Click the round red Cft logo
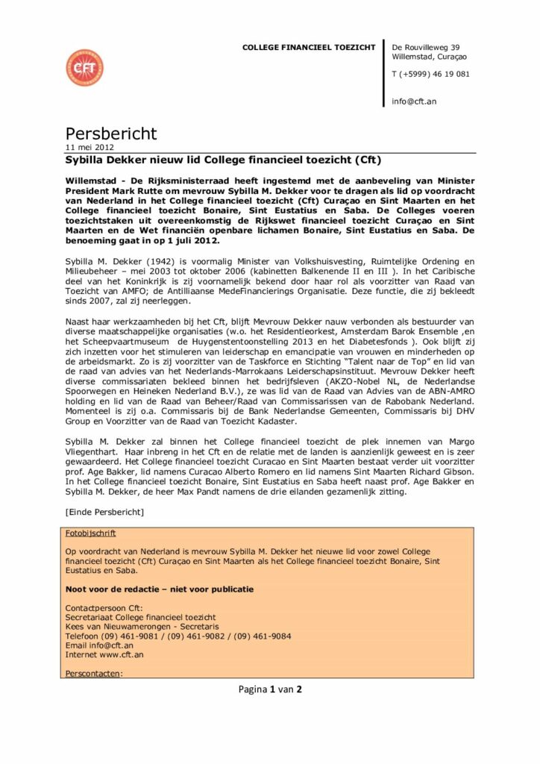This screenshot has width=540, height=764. coord(84,68)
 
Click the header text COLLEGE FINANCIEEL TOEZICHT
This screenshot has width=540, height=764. coord(309,48)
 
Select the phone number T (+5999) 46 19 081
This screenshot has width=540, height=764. coord(430,74)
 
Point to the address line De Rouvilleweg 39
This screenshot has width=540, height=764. coord(426,48)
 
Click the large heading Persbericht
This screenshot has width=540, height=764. coord(111,134)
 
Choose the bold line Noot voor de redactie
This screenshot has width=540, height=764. coord(159,589)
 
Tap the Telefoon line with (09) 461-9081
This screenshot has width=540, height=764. coord(178,636)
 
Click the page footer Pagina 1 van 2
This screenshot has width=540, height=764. coord(270,689)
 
